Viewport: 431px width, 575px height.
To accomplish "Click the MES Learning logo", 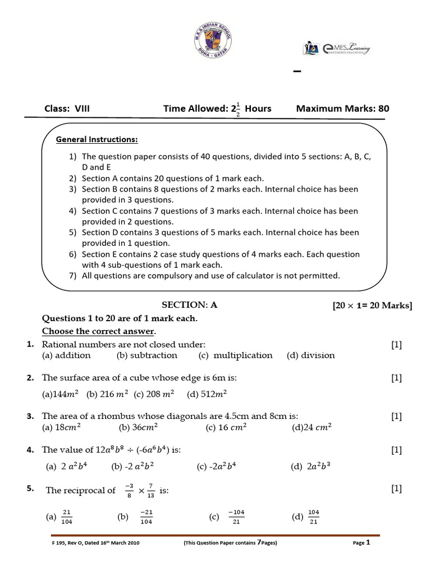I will coord(336,49).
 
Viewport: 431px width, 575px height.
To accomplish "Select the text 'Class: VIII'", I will coord(67,108).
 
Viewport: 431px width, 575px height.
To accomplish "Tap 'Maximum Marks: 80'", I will coord(342,108).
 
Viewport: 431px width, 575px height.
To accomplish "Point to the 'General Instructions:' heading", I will coord(97,139).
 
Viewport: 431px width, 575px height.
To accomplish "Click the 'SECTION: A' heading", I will coord(189,305).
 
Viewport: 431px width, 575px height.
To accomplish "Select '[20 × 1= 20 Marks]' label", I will coord(372,305).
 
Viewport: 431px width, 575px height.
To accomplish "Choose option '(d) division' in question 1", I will coord(310,355).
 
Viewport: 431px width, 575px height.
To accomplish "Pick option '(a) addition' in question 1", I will coord(66,355).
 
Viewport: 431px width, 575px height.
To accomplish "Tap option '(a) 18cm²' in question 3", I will coord(62,427).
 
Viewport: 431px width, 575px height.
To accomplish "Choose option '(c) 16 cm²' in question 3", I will coord(226,427).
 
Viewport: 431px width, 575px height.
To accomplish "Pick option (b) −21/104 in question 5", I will coord(139,517).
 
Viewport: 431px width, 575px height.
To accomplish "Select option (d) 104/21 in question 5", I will coord(306,517).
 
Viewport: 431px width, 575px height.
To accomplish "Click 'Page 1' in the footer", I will coord(361,543).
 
